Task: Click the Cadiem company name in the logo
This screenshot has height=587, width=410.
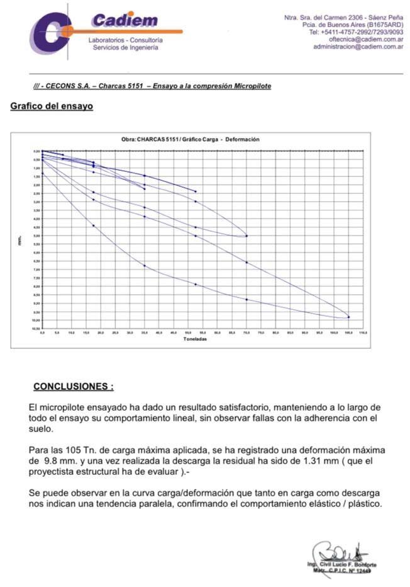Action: (x=125, y=20)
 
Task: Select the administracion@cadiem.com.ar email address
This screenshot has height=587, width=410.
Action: (x=358, y=47)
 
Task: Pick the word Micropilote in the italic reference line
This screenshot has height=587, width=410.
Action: (x=253, y=86)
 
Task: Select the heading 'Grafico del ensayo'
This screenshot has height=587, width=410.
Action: (x=52, y=106)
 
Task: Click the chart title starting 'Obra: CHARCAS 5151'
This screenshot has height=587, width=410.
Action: (x=190, y=139)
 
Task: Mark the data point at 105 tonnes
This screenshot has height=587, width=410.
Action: (x=348, y=317)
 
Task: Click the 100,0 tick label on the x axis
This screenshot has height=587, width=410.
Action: (x=333, y=332)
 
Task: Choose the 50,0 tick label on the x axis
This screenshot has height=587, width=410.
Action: (x=188, y=332)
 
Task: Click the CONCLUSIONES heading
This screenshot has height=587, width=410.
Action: (x=73, y=385)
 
